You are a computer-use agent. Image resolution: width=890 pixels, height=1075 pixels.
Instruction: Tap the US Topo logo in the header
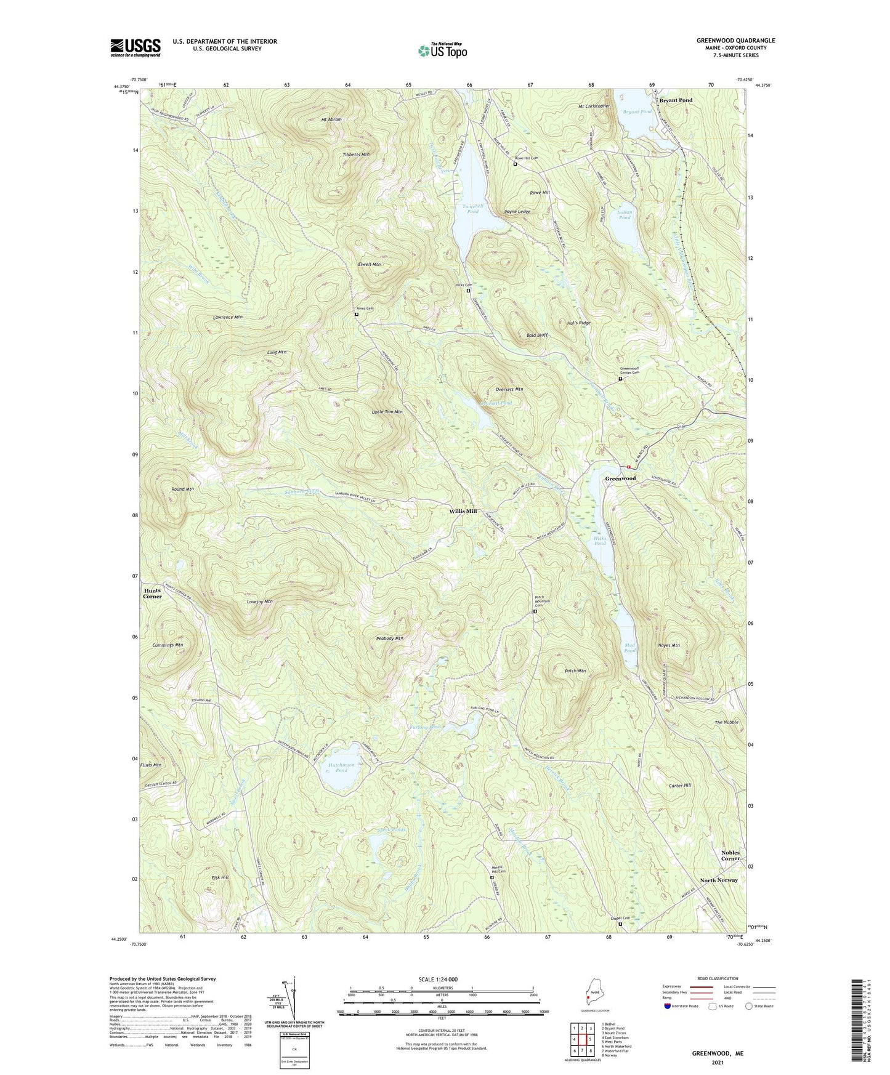tap(442, 50)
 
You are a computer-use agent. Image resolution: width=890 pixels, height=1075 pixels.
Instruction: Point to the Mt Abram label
tap(331, 119)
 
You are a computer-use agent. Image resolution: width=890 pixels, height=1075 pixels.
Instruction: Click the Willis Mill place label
tap(463, 511)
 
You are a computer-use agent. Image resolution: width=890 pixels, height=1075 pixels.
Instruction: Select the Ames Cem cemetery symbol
tap(357, 315)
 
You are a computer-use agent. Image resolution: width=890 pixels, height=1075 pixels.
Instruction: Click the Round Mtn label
tap(183, 489)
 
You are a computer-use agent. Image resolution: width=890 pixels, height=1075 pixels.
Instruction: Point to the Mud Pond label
tap(629, 648)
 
